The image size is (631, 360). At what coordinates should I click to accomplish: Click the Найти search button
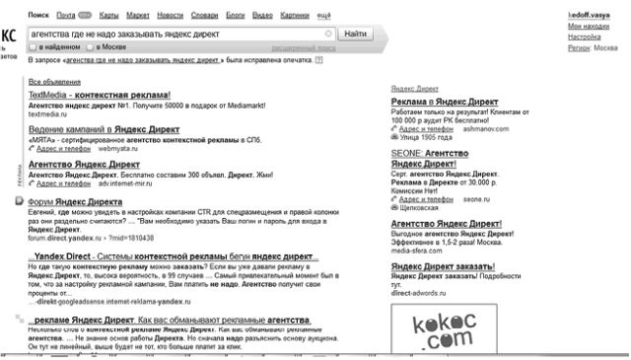click(357, 34)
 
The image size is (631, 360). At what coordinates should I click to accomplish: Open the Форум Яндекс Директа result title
click(75, 201)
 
